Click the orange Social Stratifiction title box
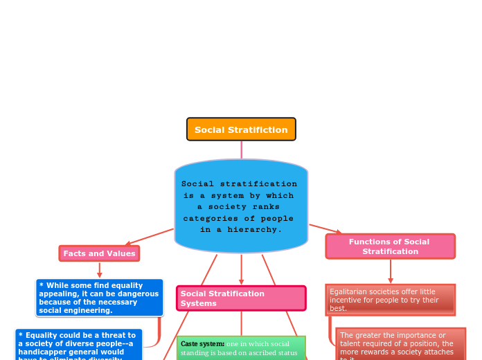(241, 129)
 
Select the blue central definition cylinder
(241, 206)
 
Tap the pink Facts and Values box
(99, 253)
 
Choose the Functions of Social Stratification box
(390, 246)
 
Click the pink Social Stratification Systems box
(240, 298)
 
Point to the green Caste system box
(240, 348)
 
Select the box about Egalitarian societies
(390, 300)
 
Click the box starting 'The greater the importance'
(400, 345)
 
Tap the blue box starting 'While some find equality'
(99, 298)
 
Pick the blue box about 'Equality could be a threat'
(78, 345)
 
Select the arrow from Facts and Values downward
(99, 270)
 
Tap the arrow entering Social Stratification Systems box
(241, 280)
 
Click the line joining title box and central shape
(242, 150)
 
